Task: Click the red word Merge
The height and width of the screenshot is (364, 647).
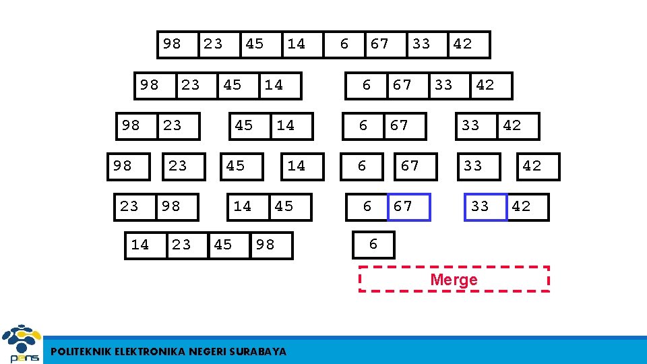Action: (454, 280)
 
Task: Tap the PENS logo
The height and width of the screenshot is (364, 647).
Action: (21, 344)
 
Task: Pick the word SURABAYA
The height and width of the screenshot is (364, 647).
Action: (257, 351)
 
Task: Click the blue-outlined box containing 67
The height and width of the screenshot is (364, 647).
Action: (408, 207)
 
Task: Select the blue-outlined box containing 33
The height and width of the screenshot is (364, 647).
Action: (485, 207)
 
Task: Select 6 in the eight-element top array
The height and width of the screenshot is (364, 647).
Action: (344, 44)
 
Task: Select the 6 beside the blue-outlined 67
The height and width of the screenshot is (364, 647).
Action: (368, 207)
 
